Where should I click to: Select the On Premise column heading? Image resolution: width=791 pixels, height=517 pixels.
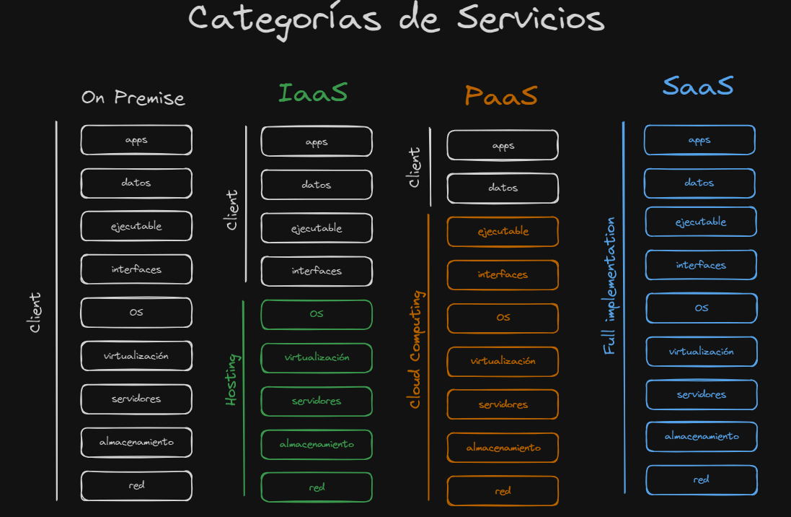(x=133, y=97)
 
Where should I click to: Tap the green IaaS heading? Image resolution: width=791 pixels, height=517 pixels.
(x=313, y=92)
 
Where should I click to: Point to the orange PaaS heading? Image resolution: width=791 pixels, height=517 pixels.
(x=501, y=95)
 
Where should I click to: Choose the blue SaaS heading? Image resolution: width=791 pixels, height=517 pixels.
(x=697, y=86)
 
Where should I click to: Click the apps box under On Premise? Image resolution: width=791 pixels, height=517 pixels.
(x=136, y=140)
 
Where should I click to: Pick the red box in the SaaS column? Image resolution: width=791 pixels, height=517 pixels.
(x=701, y=480)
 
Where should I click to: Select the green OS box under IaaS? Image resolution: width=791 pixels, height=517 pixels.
(x=317, y=314)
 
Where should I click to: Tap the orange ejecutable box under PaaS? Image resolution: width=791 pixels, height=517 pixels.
(x=503, y=232)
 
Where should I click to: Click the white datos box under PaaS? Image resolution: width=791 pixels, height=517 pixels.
(x=503, y=188)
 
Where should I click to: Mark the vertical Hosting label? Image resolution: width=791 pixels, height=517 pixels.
(x=231, y=379)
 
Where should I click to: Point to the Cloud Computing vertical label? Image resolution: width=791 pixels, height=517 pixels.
(x=415, y=349)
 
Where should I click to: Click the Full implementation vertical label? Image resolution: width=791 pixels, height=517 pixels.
(x=610, y=286)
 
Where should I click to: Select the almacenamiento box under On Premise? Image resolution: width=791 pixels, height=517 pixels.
(x=136, y=442)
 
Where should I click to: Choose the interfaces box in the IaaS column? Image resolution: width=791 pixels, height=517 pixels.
(x=317, y=271)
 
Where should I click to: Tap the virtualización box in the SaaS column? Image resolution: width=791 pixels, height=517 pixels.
(x=701, y=352)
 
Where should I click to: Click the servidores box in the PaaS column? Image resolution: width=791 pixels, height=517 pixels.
(x=503, y=404)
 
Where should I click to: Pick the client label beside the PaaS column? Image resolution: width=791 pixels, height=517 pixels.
(x=415, y=168)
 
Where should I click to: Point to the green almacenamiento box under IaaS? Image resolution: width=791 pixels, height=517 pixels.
(x=317, y=444)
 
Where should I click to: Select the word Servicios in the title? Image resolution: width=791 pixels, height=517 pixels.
(x=531, y=18)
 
